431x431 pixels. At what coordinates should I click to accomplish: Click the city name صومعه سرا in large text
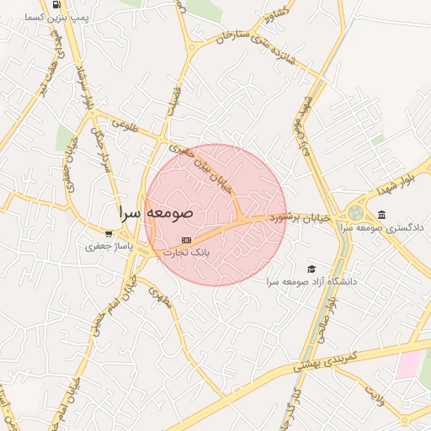tap(156, 212)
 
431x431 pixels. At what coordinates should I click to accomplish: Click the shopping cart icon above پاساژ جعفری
tap(108, 234)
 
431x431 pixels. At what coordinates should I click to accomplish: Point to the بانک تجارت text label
tap(185, 252)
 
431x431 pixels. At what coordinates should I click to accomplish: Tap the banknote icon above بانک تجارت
tap(186, 241)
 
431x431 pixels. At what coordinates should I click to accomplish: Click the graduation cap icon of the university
tap(311, 269)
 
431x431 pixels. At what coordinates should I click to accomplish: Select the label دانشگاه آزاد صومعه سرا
tap(311, 281)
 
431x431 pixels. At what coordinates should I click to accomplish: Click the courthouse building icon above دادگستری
tap(382, 215)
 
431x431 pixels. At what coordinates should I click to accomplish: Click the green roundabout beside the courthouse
tap(355, 213)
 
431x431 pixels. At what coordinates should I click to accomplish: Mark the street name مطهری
tap(159, 297)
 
